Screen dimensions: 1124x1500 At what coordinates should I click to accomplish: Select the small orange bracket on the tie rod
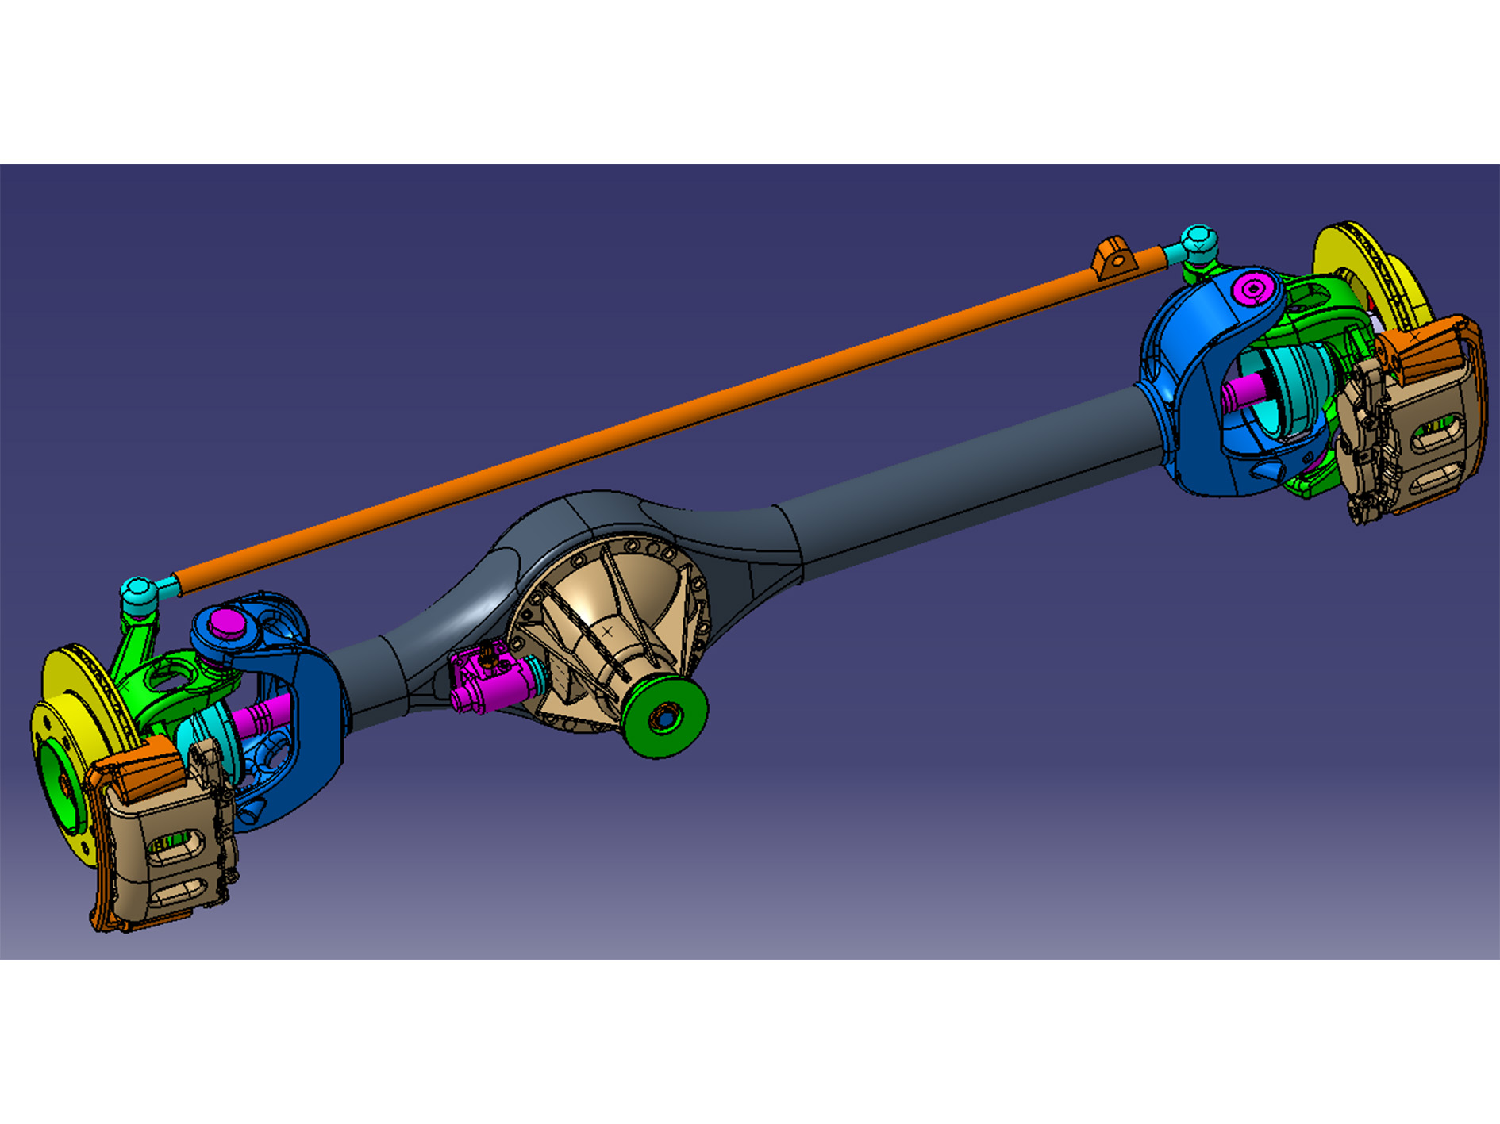pos(1111,258)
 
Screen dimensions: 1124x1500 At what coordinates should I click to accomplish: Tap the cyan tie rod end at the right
pos(1198,242)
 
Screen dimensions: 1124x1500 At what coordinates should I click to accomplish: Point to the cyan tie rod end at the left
pos(137,592)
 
